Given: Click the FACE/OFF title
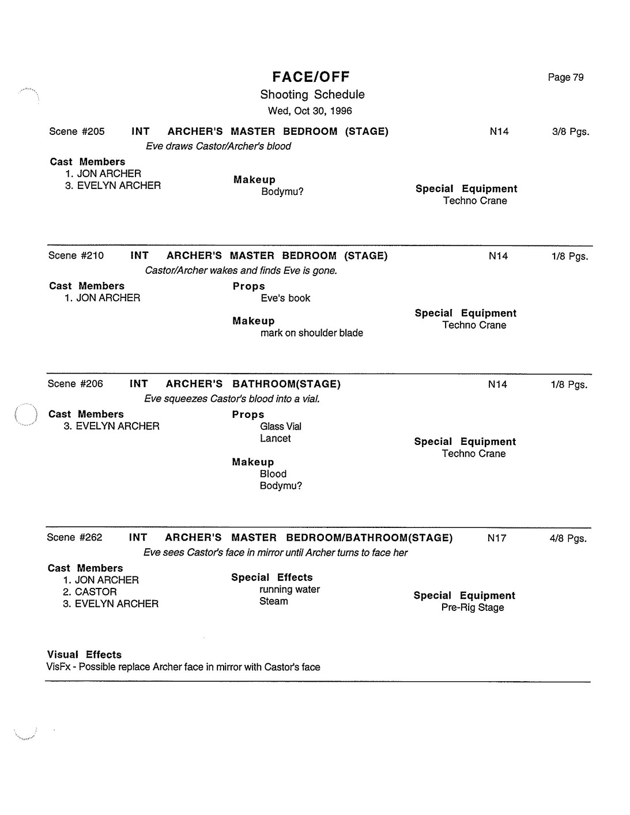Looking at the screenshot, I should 311,77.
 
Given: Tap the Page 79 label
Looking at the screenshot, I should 565,77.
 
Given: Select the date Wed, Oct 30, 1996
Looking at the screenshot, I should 310,111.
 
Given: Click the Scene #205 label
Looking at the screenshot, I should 77,131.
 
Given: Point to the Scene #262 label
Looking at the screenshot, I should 74,537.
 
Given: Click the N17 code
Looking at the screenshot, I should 497,538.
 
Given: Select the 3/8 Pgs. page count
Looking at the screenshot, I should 571,131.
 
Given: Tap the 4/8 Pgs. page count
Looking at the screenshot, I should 568,538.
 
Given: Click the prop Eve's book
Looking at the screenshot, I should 285,298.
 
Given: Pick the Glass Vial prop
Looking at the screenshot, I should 281,427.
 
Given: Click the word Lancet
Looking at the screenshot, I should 275,438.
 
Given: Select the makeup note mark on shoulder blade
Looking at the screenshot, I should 312,333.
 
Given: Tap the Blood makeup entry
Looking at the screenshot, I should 273,474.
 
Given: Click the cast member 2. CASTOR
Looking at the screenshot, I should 90,591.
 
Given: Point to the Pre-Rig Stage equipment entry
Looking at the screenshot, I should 473,608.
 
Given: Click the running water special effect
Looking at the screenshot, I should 289,589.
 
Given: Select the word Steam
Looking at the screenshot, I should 273,601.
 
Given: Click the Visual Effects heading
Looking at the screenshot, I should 84,654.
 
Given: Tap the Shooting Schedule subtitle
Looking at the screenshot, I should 312,95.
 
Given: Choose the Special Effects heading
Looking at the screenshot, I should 272,577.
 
